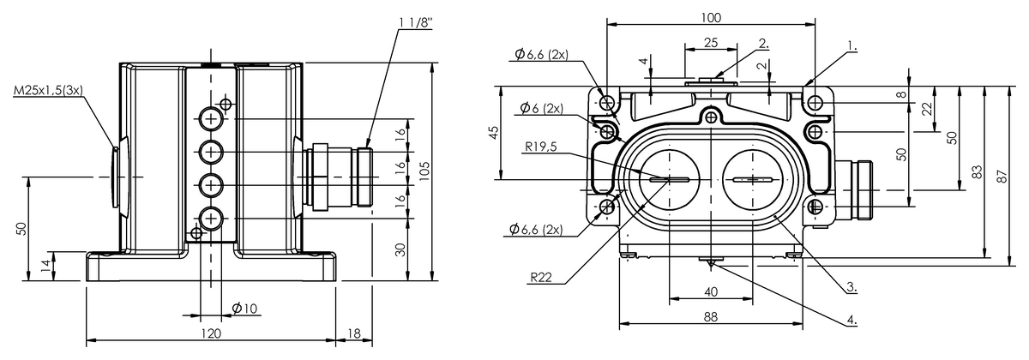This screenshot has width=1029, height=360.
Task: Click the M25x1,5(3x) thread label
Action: tap(48, 90)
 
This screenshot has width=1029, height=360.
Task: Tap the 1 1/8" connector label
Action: tap(416, 23)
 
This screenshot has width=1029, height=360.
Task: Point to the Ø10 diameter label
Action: tap(245, 308)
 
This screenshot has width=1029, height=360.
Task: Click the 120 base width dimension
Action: tap(211, 333)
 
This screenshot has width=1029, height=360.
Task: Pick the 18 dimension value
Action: tap(354, 333)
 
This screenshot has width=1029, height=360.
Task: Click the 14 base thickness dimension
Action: tap(45, 267)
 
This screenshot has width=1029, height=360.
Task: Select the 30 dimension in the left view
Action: tap(400, 249)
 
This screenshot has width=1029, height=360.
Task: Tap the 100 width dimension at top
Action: tap(711, 17)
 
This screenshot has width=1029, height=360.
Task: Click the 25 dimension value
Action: tap(711, 43)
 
